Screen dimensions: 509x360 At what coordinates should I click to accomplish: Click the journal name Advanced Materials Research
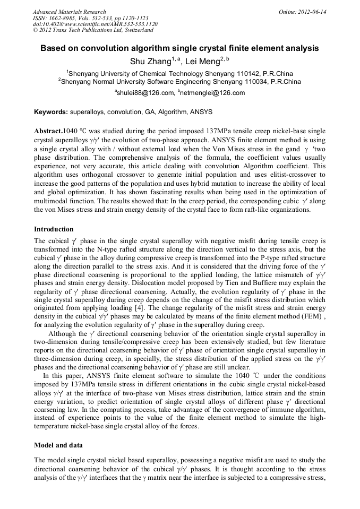point(69,12)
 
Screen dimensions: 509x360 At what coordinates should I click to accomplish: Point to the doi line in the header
point(95,24)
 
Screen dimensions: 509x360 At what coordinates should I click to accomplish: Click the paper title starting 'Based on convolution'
point(179,48)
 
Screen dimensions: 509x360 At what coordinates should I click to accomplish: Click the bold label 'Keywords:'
point(51,112)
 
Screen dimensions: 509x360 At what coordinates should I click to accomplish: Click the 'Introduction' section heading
point(54,229)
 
